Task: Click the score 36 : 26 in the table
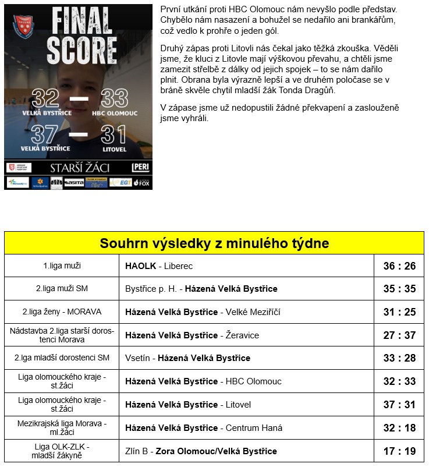point(399,266)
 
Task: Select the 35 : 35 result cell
point(399,289)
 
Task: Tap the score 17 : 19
point(399,451)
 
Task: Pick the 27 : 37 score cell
point(399,335)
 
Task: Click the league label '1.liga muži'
point(62,266)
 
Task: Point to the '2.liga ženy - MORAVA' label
point(62,312)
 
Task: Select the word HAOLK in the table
point(141,266)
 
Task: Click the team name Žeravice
point(242,335)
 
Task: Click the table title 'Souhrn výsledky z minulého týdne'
point(214,243)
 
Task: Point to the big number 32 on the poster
point(46,98)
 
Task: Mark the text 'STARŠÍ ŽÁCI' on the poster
point(79,168)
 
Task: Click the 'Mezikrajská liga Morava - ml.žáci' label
point(62,428)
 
